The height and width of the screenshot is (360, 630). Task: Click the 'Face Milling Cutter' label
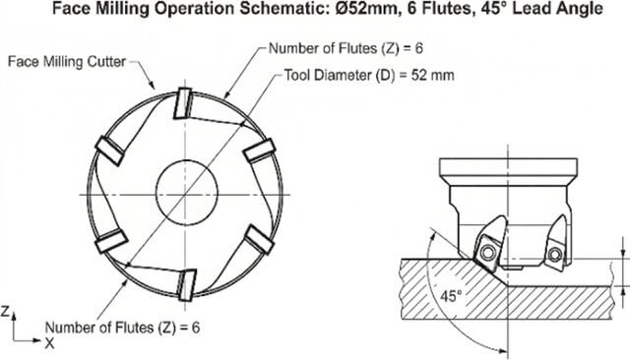click(x=67, y=62)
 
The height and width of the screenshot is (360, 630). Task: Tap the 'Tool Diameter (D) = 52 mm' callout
click(x=369, y=75)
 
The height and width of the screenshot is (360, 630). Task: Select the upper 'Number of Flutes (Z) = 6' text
click(x=346, y=48)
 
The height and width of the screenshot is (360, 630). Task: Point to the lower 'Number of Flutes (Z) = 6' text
click(x=122, y=328)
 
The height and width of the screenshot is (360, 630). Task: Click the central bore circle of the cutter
click(x=187, y=192)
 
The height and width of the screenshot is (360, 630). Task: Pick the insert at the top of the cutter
click(x=183, y=103)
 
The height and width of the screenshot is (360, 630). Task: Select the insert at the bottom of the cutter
click(x=187, y=285)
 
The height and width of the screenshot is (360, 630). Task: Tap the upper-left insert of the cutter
click(x=109, y=150)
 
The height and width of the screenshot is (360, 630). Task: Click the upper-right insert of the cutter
click(x=260, y=150)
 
